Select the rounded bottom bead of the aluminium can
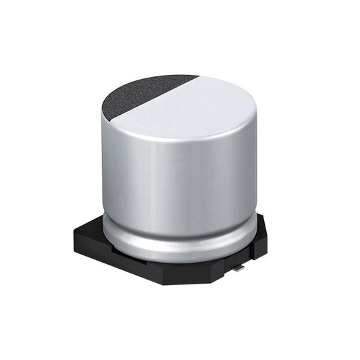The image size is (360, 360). pos(179,247)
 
